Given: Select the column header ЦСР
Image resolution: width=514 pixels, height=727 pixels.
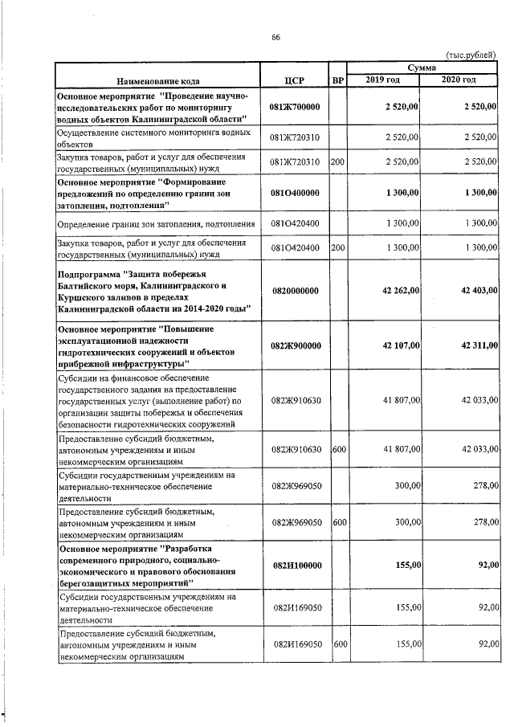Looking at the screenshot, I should click(294, 80).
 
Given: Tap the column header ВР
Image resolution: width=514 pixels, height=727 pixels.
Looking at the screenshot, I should click(338, 80).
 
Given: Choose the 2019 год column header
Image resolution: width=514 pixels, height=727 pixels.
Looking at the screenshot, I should click(382, 80).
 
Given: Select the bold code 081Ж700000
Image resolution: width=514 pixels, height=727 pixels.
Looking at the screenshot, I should click(295, 106).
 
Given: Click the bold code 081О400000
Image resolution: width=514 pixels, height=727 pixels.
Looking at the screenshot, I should click(295, 193).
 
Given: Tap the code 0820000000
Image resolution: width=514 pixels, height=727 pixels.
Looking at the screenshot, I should click(295, 291).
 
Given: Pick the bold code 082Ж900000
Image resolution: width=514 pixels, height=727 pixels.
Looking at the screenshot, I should click(295, 345).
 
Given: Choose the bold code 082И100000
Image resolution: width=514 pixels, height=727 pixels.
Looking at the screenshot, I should click(295, 565).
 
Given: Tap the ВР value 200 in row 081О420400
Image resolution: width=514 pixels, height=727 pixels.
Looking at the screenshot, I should click(337, 247).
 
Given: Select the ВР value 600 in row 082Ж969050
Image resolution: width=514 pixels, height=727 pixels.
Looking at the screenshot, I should click(339, 522).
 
